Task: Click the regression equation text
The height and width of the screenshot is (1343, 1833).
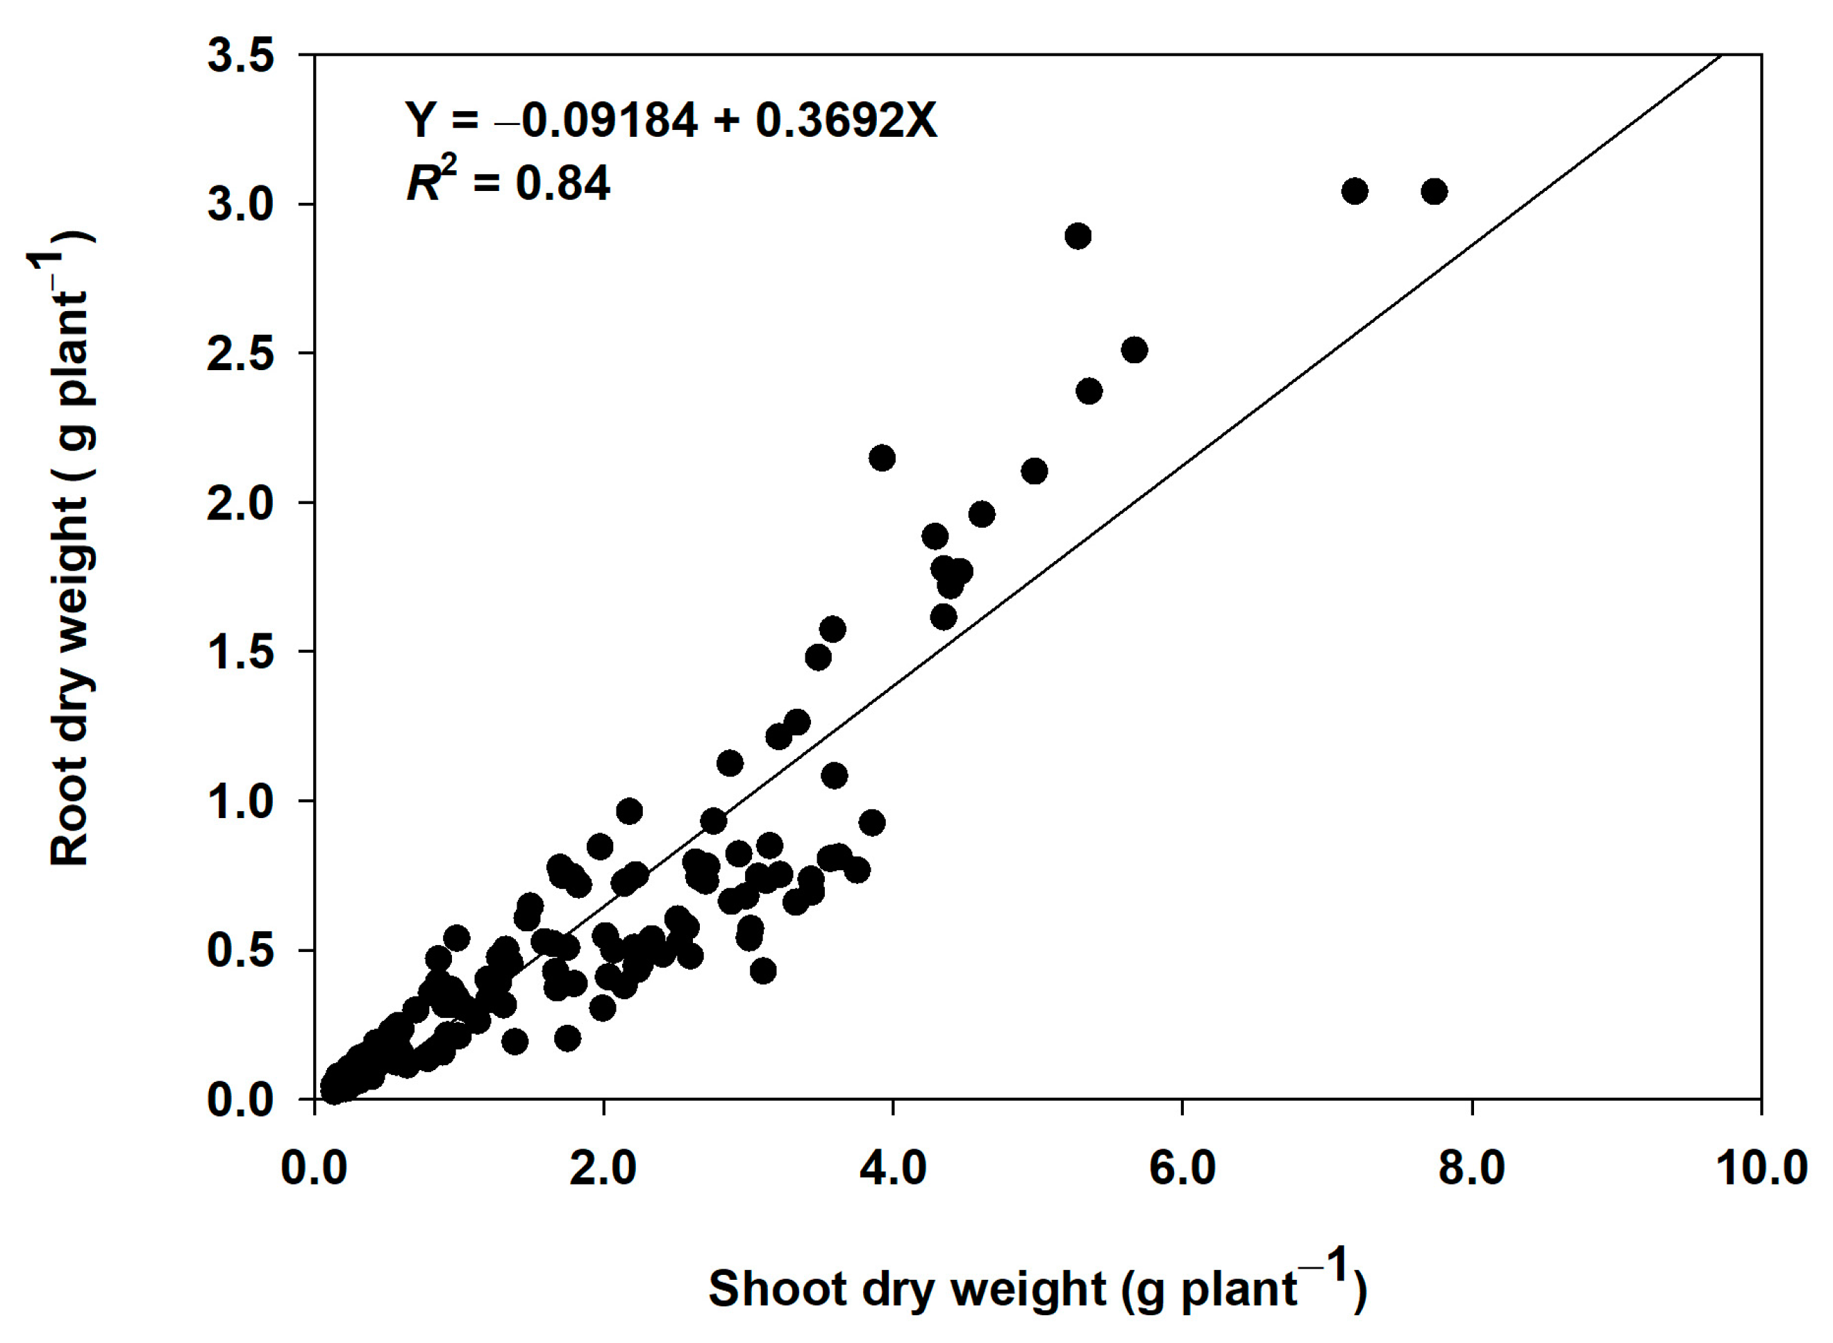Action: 671,120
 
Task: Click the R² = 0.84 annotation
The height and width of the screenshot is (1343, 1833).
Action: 508,182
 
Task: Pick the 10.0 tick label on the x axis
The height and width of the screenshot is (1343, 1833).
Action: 1761,1168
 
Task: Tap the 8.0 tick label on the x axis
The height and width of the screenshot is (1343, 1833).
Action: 1471,1168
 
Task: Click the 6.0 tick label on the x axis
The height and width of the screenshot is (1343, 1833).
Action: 1182,1168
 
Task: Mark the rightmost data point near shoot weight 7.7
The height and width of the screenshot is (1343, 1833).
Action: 1434,192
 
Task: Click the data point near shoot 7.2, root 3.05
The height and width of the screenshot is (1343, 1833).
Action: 1354,191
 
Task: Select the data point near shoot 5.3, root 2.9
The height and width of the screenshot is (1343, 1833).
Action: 1078,237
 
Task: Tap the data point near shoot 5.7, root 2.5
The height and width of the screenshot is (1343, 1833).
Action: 1135,351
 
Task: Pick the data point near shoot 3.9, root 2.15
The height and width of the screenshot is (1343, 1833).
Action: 882,458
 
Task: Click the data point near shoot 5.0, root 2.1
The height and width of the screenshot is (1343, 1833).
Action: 1034,471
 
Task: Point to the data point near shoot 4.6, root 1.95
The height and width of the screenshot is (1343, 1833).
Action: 982,514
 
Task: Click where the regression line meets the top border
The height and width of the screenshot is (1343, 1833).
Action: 1720,56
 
